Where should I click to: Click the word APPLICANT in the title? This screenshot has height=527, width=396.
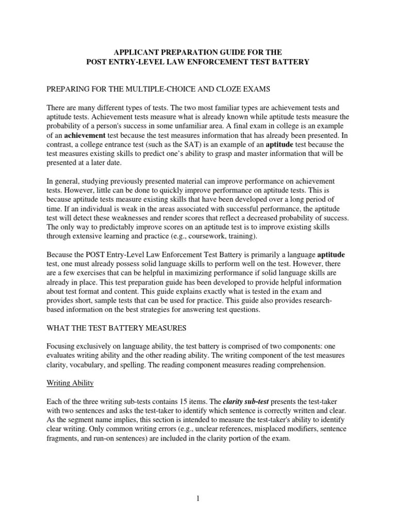pyautogui.click(x=136, y=52)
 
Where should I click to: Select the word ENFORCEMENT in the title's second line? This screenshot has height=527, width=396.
pyautogui.click(x=228, y=62)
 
